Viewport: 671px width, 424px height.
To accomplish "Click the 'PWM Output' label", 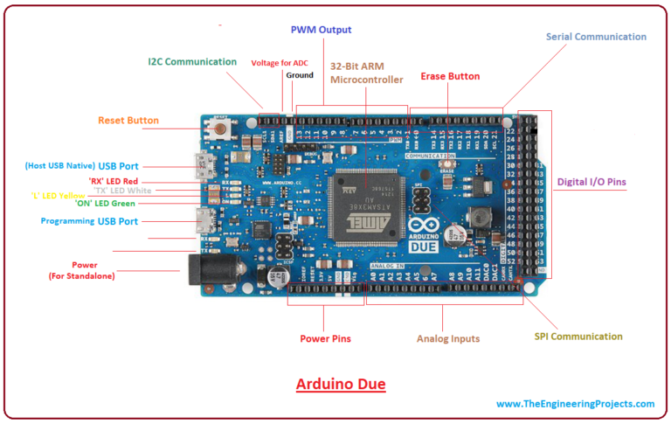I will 321,30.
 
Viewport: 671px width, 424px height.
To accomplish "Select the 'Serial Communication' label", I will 596,37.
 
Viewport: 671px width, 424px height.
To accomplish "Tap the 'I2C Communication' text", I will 191,62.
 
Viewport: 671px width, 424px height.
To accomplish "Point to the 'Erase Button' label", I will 450,76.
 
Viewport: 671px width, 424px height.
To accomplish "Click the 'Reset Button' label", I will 128,120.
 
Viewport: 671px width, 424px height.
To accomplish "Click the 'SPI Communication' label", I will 578,336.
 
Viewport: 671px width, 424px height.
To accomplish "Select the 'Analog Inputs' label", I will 447,338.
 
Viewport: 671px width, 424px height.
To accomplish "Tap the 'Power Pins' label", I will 326,338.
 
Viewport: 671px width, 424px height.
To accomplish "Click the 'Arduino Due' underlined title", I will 340,384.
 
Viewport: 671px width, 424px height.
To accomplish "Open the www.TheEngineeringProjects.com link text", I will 575,404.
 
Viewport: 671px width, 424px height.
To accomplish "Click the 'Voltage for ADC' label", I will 280,63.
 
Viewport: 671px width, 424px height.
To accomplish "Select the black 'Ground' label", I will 299,75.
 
